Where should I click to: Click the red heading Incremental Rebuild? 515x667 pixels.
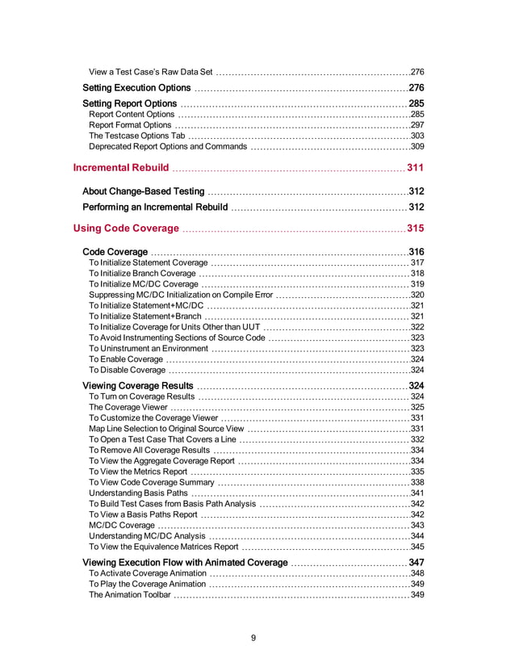click(x=121, y=168)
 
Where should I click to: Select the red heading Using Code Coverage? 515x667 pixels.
click(x=128, y=228)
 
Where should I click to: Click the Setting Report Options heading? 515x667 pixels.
click(x=129, y=104)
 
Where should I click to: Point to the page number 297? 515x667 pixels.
click(x=417, y=125)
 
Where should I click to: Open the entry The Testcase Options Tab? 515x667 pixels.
click(x=137, y=136)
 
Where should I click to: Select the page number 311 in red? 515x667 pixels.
click(x=415, y=168)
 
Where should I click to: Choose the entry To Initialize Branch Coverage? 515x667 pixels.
click(x=142, y=274)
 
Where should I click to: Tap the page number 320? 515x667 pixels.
click(x=417, y=296)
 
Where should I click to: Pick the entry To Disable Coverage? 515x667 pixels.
click(x=127, y=370)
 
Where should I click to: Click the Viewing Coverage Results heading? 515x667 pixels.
click(x=138, y=386)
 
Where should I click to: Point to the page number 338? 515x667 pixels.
click(x=417, y=482)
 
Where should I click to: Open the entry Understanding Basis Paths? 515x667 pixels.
click(x=138, y=493)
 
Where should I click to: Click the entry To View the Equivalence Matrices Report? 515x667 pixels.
click(x=163, y=547)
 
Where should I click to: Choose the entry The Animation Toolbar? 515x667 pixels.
click(x=129, y=595)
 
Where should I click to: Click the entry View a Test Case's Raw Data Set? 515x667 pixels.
click(x=150, y=73)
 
